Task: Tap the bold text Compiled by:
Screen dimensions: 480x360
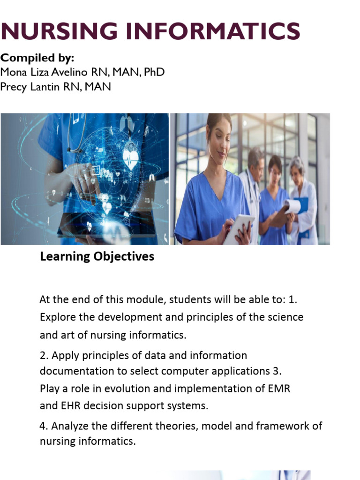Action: (37, 58)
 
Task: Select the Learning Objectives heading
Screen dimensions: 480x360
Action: (97, 256)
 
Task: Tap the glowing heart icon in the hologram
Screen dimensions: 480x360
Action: (131, 157)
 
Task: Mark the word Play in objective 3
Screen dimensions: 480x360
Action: (50, 389)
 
